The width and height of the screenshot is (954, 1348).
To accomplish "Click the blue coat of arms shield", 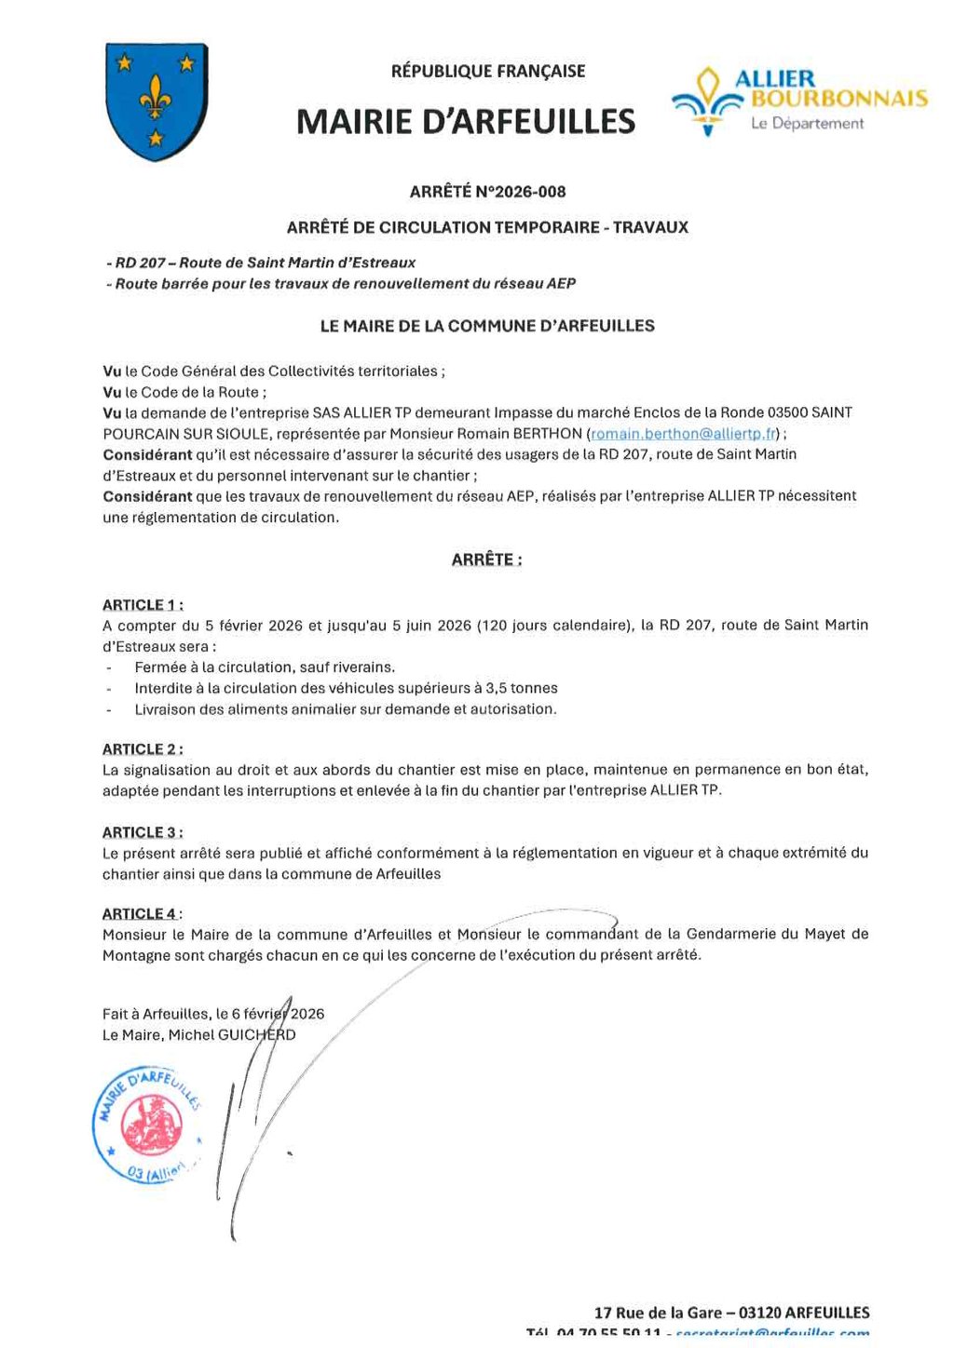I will pos(156,101).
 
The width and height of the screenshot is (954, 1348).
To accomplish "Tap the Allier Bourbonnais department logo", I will pos(799,101).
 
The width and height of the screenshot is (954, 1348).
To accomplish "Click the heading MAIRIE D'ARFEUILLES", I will pos(466,122).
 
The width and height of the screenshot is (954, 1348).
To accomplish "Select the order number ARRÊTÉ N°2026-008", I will pos(487,192).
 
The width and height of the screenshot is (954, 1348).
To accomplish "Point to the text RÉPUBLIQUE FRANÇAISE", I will pos(487,71).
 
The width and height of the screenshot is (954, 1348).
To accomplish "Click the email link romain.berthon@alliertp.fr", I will pos(684,434).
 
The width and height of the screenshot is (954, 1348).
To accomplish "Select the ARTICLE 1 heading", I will pos(143,605).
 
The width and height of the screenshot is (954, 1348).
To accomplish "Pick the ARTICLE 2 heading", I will pos(143,749).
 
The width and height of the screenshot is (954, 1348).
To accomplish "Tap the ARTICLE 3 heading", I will pos(143,832).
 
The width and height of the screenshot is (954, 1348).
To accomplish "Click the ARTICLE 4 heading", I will pos(143,914).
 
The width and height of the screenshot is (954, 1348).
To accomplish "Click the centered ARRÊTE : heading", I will pos(486,560).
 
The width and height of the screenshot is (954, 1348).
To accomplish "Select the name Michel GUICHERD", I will pos(232,1035).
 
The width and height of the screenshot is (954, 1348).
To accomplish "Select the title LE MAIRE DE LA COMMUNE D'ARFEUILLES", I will pos(487,327).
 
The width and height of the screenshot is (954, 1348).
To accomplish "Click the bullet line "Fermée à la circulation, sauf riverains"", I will pos(265,667).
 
